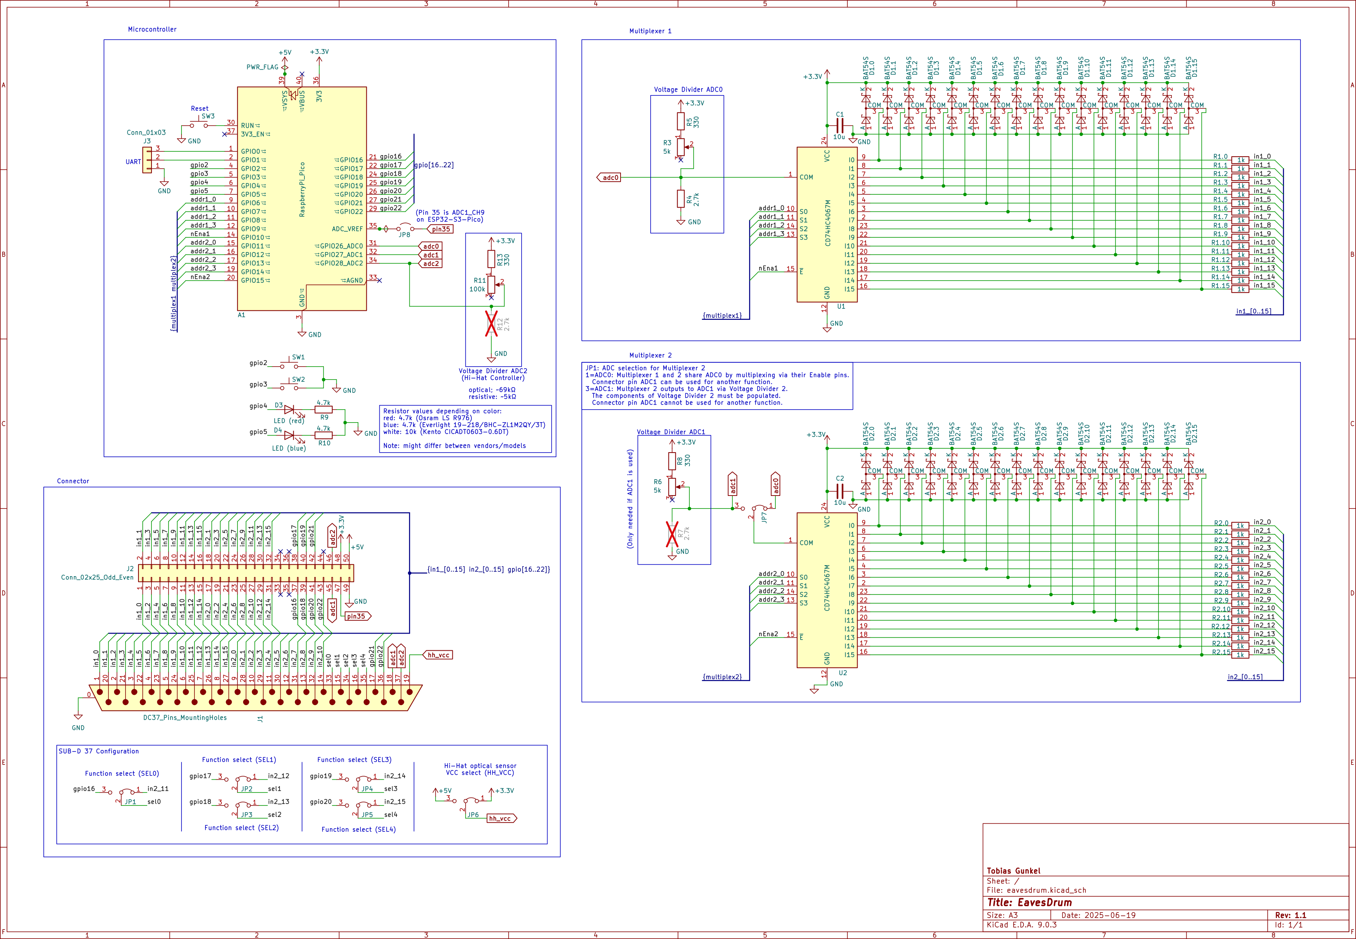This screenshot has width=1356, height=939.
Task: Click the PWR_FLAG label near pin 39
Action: [262, 67]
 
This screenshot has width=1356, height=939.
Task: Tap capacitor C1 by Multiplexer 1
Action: [840, 126]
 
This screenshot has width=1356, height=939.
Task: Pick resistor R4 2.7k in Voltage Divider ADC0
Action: [681, 199]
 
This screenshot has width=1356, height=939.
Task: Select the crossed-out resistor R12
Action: [492, 324]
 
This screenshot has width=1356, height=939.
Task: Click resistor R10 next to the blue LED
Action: [324, 435]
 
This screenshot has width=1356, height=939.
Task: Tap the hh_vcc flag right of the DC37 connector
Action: [438, 655]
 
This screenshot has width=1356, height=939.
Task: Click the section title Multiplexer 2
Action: [650, 355]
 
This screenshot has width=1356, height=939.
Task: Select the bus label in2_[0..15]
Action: [1245, 677]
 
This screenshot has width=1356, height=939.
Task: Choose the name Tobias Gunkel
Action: [1014, 871]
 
